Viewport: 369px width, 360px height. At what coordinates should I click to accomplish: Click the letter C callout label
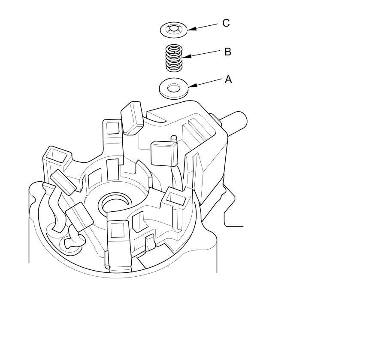pos(226,23)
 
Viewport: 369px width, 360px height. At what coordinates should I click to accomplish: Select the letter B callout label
pos(228,52)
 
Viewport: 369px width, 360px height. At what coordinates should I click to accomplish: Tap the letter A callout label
pos(228,79)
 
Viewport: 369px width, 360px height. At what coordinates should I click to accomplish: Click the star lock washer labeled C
pos(166,29)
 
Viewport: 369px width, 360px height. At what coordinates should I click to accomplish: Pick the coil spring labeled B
pos(174,58)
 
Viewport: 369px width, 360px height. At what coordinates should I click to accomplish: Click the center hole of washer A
pos(174,88)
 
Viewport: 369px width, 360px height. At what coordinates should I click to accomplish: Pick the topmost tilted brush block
pos(132,116)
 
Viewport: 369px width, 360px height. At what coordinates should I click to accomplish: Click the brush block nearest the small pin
pos(164,153)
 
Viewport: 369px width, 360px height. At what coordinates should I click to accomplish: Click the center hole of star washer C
pos(174,29)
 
